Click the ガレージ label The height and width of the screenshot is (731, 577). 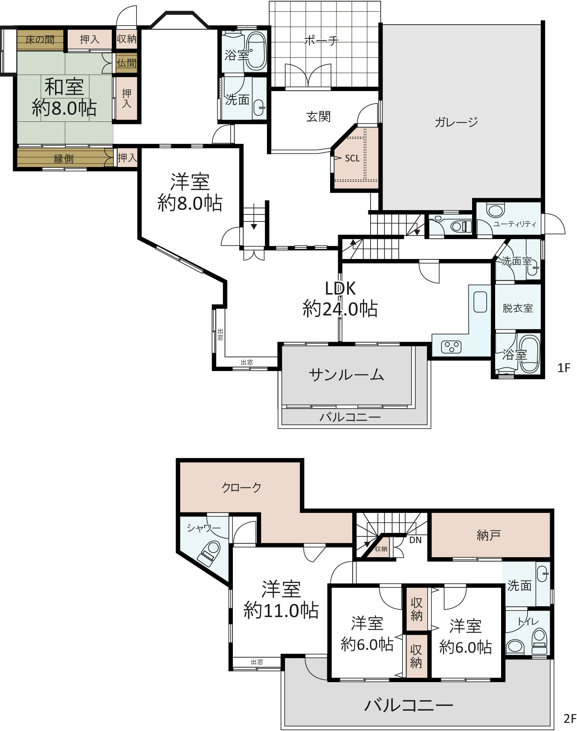(x=456, y=122)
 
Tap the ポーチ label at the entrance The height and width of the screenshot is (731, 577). (x=321, y=40)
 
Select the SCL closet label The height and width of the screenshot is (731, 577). (x=352, y=158)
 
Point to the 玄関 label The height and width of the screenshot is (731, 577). (x=318, y=116)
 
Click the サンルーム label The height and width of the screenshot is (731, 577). (x=346, y=375)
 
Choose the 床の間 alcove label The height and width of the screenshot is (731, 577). (x=40, y=40)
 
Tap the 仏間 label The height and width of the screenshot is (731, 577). (x=127, y=63)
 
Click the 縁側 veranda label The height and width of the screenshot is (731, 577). (x=64, y=159)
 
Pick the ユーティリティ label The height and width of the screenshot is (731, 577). (x=514, y=224)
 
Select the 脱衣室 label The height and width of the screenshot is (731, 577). (x=518, y=308)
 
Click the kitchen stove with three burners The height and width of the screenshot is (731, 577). (x=451, y=347)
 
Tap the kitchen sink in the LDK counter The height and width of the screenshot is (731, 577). (x=480, y=302)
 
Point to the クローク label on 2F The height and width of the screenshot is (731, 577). (x=241, y=488)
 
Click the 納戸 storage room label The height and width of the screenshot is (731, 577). (x=488, y=535)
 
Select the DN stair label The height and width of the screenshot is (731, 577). (x=415, y=540)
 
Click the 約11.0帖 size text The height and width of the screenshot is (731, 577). (x=281, y=611)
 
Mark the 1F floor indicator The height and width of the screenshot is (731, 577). (x=563, y=368)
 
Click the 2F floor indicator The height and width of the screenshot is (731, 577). (x=570, y=719)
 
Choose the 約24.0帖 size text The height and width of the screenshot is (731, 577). (x=340, y=309)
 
